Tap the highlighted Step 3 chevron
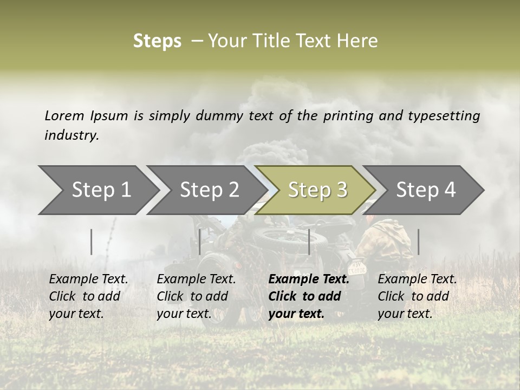[x=317, y=190]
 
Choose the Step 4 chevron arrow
[x=426, y=190]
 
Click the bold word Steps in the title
[x=157, y=41]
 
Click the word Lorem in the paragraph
[x=64, y=115]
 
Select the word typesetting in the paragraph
[x=444, y=115]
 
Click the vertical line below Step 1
[x=92, y=242]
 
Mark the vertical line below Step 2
[x=200, y=242]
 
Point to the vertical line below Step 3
[x=309, y=242]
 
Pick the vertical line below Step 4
[x=418, y=242]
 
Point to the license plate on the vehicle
[x=357, y=268]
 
